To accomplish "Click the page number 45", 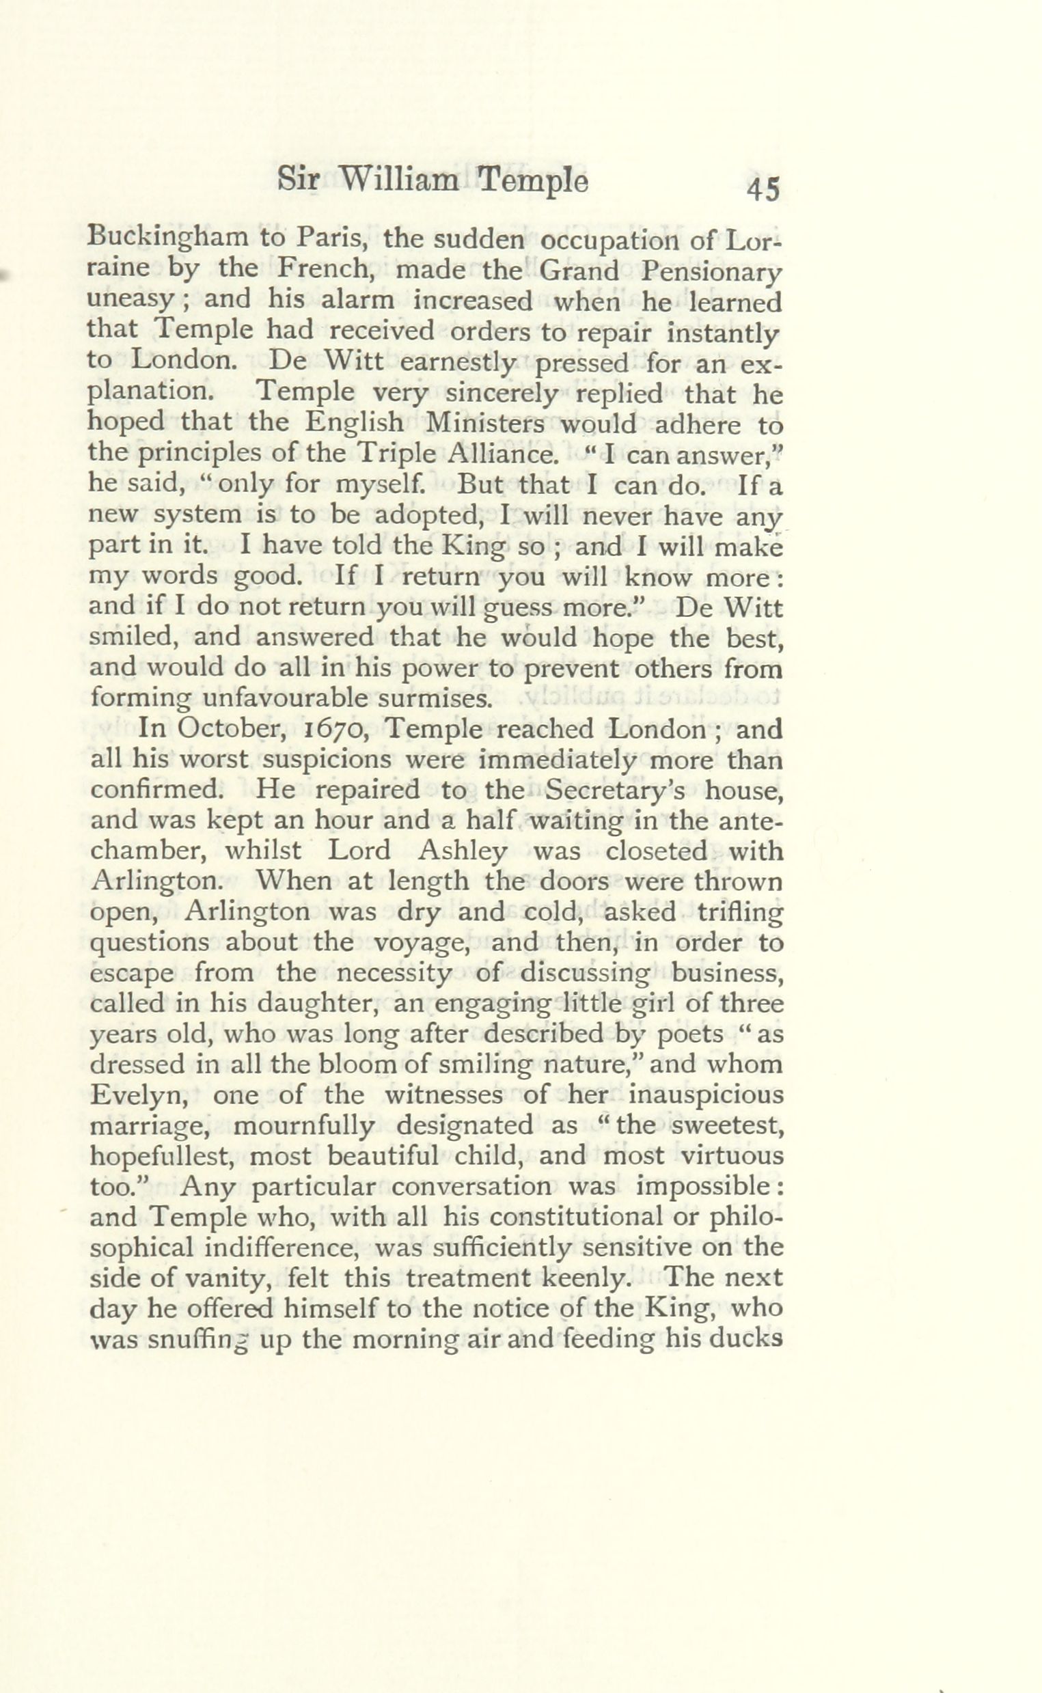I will [763, 188].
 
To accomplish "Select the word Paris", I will [331, 240].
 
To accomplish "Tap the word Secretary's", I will [615, 790].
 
